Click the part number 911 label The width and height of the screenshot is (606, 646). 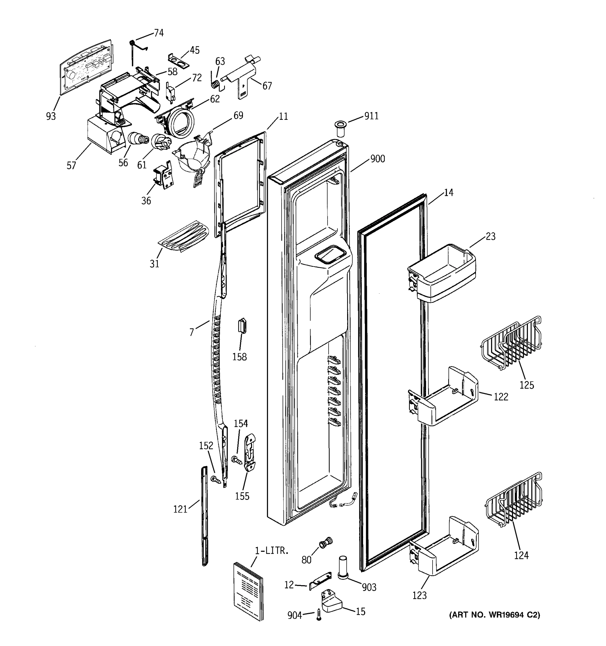(x=371, y=116)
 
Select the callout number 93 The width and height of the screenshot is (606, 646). (x=51, y=116)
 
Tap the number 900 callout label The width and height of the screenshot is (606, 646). (x=377, y=159)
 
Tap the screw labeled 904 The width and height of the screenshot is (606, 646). (x=319, y=615)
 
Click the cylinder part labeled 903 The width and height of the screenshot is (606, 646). (x=343, y=568)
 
